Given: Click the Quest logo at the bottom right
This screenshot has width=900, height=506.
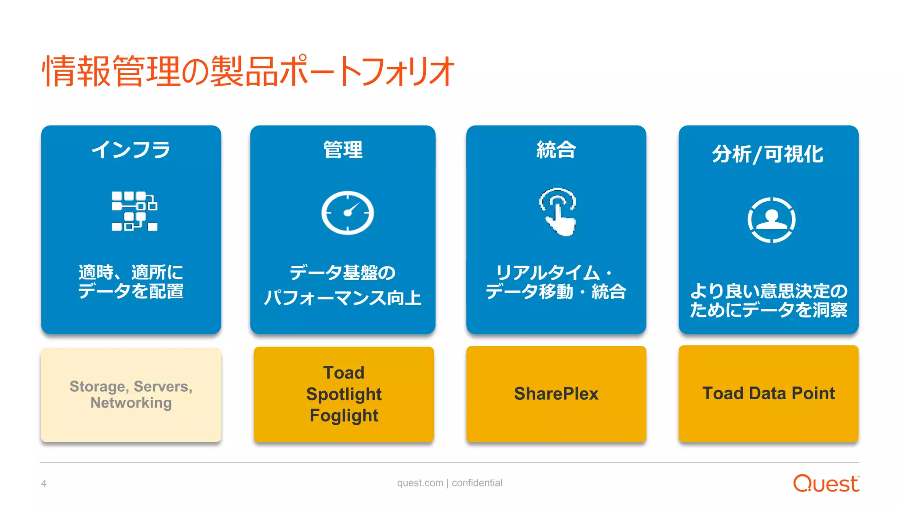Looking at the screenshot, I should coord(825,483).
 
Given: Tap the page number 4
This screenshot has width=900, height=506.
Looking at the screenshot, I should coord(44,484).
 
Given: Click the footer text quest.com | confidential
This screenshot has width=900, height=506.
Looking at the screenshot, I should coord(450,483).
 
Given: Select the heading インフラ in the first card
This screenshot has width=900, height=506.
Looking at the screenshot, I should coord(131,150).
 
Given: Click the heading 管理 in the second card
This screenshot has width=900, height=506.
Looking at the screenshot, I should coord(343,150).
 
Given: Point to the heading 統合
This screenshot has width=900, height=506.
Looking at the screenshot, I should coord(556,150).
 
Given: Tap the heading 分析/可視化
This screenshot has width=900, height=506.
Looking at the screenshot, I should coord(768,154).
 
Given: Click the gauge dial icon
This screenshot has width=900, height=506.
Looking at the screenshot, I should coord(348,213).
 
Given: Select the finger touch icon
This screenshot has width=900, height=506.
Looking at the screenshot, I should coord(558,212).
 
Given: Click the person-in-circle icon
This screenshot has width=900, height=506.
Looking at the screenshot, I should coord(771,220).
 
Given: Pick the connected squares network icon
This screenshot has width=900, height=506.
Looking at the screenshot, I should coord(134,211).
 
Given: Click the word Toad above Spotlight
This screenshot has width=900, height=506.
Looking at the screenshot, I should coord(344,372).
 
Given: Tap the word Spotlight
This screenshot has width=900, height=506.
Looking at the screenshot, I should coord(344,394).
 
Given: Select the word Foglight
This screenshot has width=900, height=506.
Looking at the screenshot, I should coord(344,415).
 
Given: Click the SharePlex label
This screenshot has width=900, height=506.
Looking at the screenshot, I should coord(556,394).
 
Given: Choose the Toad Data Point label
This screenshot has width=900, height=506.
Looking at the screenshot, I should coord(768,393).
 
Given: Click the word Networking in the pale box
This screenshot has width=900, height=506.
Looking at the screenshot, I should coord(131,402).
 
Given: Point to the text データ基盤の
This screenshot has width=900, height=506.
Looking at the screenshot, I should coord(343,272).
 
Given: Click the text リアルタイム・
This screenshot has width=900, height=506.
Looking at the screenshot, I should coord(554,273).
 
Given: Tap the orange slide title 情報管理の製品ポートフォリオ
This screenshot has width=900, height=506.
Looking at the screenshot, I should coord(248,71).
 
